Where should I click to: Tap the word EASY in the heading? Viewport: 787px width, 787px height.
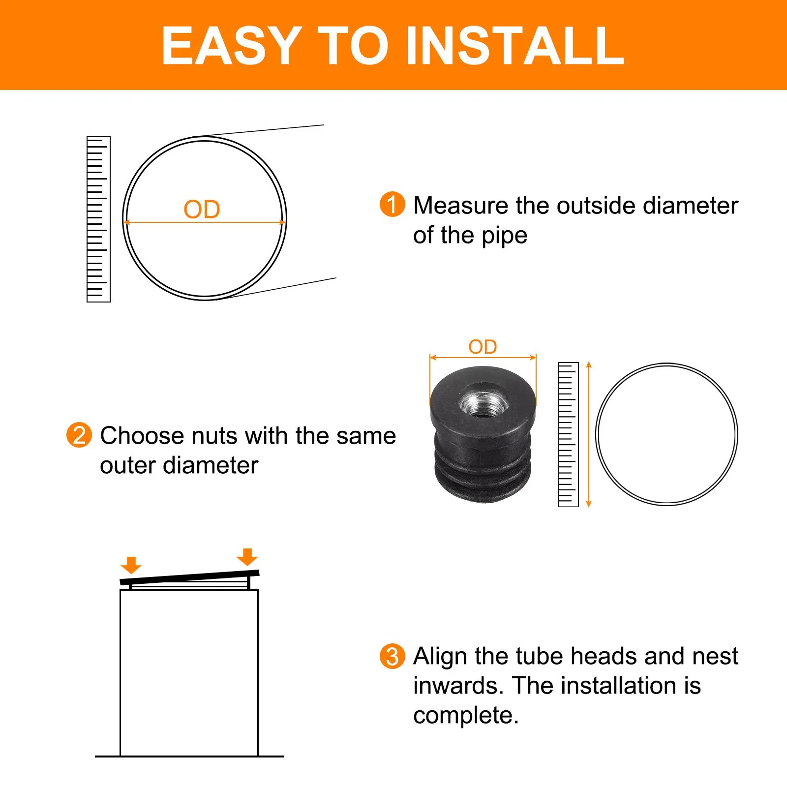click(232, 45)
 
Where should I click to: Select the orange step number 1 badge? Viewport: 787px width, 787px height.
click(392, 204)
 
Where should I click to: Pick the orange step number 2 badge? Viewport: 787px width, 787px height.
click(79, 435)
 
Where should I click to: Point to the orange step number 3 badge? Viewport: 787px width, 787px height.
click(392, 656)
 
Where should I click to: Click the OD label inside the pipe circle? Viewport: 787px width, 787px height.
click(202, 210)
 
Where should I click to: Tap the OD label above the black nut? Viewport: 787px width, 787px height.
click(483, 347)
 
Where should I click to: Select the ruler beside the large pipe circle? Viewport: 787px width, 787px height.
click(98, 219)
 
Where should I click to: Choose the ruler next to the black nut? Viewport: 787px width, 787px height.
click(568, 434)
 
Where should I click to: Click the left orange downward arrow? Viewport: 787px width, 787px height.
click(131, 565)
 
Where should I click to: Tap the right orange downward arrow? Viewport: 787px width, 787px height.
click(247, 557)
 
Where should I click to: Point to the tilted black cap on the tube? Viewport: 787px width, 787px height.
click(189, 577)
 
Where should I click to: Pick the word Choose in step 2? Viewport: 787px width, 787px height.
click(142, 435)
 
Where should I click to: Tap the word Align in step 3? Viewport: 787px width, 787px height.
click(440, 657)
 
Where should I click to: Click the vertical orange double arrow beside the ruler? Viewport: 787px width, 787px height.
click(589, 434)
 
